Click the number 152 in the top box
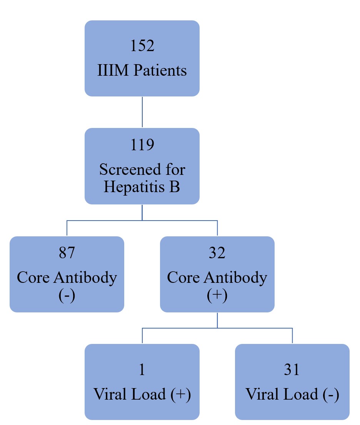(x=142, y=45)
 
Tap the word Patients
(x=160, y=70)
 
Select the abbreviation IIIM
(x=113, y=70)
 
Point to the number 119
(x=142, y=144)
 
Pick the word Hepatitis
(x=134, y=187)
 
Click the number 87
(x=67, y=252)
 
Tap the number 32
(x=217, y=252)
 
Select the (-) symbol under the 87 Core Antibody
(x=67, y=296)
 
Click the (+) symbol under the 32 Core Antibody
(x=217, y=296)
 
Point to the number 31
(x=292, y=369)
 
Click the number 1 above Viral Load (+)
(x=142, y=369)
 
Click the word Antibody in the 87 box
(x=85, y=277)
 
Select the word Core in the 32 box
(x=183, y=277)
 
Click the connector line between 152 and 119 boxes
(x=142, y=112)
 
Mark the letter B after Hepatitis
(x=175, y=187)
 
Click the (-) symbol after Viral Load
(x=331, y=394)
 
